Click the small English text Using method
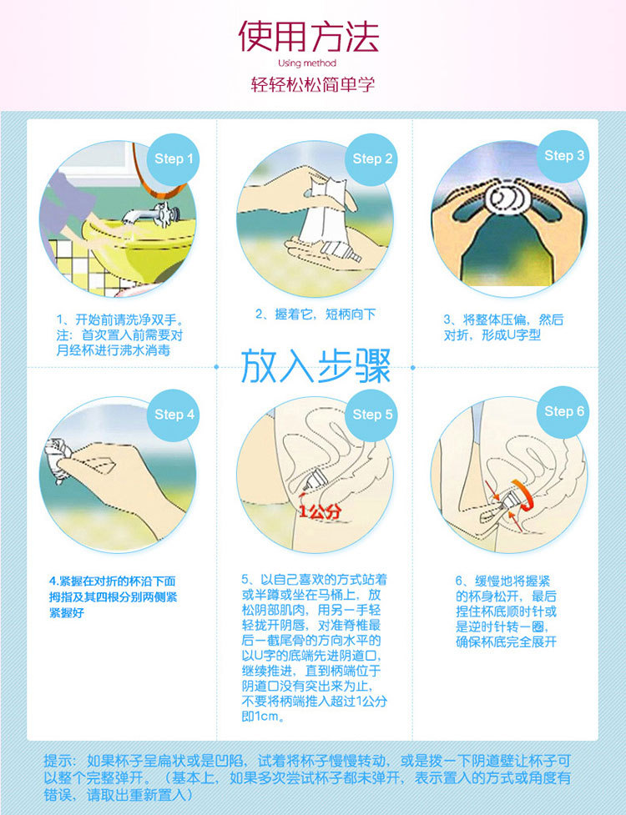tap(310, 63)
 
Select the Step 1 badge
tap(174, 159)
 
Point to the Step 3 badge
tap(564, 156)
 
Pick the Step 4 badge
tap(174, 415)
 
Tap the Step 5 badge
tap(372, 415)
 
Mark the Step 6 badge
tap(564, 411)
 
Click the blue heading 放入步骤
tap(316, 366)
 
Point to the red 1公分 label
tap(320, 511)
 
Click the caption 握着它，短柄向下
tap(316, 314)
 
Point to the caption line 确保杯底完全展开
tap(506, 641)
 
